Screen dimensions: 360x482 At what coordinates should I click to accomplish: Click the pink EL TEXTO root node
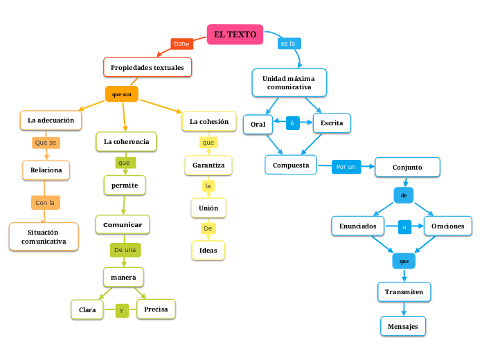click(235, 35)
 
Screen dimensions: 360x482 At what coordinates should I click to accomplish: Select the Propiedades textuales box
click(148, 67)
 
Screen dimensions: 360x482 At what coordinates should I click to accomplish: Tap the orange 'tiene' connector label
click(181, 44)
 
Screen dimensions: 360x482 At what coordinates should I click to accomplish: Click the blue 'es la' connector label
click(288, 44)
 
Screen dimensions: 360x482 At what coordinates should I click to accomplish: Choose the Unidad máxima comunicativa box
click(289, 82)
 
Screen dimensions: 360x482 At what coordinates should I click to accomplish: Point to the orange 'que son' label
click(121, 94)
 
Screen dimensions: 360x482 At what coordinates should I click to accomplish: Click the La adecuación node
click(51, 120)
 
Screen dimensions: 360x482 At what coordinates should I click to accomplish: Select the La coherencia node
click(126, 141)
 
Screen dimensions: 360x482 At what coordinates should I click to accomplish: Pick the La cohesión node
click(208, 122)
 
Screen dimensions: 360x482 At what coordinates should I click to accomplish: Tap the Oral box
click(258, 123)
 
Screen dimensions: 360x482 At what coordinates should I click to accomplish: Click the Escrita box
click(332, 123)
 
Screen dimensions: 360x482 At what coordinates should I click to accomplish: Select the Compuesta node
click(290, 165)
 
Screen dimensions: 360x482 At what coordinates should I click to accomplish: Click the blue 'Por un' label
click(346, 167)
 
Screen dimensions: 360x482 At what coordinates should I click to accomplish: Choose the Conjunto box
click(407, 167)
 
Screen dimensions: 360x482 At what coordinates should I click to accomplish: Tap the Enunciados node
click(358, 226)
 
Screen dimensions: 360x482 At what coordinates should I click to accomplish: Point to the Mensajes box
click(403, 326)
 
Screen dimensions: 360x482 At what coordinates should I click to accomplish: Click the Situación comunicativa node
click(44, 237)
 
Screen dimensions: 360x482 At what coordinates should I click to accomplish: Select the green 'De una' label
click(125, 249)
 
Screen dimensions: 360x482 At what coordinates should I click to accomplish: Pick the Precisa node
click(156, 309)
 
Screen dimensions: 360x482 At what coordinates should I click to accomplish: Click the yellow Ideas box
click(208, 250)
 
